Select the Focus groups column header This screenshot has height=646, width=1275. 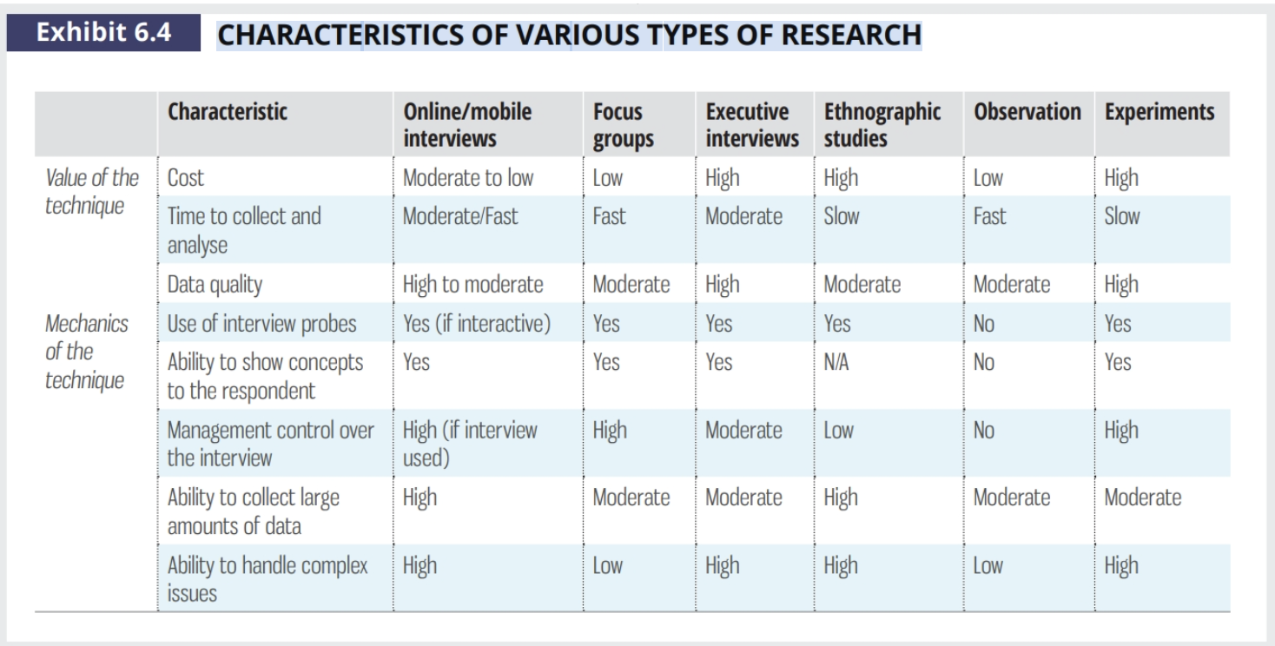coord(624,126)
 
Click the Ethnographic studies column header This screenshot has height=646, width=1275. coord(882,126)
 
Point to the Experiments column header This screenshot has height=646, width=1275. coord(1159,113)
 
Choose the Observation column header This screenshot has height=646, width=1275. coord(1027,113)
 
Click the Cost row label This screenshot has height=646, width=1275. coord(186,178)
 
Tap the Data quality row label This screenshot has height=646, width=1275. coord(215,284)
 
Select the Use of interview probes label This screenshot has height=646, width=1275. coord(262,324)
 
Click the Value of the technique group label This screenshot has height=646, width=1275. coord(91,192)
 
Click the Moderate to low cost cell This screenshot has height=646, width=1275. coord(468,178)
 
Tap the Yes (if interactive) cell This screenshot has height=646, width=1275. coord(477,324)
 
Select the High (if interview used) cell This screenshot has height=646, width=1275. coord(470,443)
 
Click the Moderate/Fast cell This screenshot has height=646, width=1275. coord(460,216)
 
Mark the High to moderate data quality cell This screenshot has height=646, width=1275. coord(473,284)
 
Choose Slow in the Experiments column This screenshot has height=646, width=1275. coord(1122,216)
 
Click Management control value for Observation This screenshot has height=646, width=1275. coord(984,431)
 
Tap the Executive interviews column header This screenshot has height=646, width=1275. coord(752,126)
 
